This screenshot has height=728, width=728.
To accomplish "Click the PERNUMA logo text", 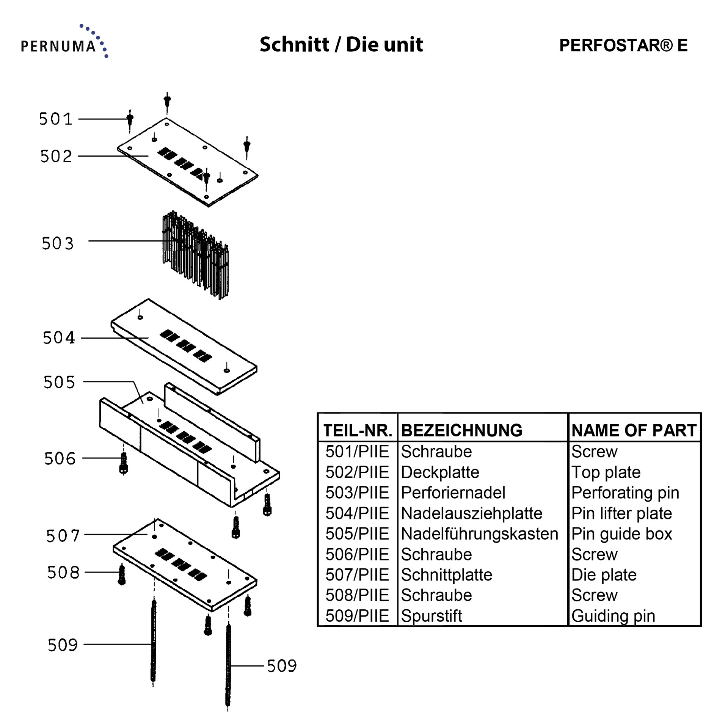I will click(58, 46).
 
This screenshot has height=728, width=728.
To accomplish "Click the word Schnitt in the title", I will click(294, 45).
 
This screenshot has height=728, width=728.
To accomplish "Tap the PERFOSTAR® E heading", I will click(623, 45).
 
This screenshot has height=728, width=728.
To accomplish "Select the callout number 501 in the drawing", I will click(56, 119).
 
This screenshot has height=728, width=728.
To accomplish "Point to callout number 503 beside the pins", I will click(57, 243).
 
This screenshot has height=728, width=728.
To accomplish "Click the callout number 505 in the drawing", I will click(59, 382).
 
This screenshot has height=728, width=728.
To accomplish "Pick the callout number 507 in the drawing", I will click(63, 536).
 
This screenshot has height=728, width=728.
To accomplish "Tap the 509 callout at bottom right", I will click(281, 666).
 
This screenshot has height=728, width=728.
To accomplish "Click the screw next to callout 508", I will click(122, 575).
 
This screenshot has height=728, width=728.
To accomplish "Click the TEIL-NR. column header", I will click(357, 430).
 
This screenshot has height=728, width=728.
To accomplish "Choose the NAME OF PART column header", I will click(634, 430).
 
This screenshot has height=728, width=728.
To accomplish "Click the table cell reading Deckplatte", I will click(440, 472).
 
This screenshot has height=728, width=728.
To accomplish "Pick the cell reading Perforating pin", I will click(625, 493).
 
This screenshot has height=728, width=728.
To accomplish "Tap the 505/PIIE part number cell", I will click(357, 534).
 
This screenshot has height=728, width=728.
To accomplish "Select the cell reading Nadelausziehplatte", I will click(471, 513).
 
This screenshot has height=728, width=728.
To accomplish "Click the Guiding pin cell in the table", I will click(613, 616).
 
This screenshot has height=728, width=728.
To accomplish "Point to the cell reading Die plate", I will click(604, 575).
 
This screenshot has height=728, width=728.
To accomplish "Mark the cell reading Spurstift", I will click(431, 616).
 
